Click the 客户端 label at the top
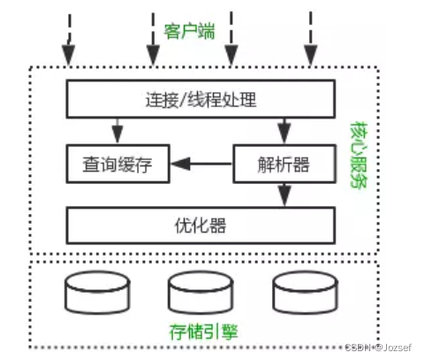click(x=190, y=32)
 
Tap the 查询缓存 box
click(x=118, y=164)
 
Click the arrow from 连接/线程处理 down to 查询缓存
click(x=117, y=130)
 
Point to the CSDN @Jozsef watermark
click(x=383, y=349)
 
